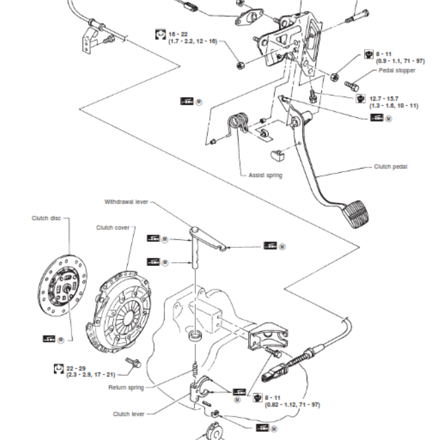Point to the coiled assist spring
coord(239,124)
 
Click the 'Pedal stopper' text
coord(397,71)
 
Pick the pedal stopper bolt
coord(352,86)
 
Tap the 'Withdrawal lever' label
coord(127,202)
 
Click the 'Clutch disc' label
coord(46,218)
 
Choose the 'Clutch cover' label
coord(113,227)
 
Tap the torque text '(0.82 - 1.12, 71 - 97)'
coord(292,404)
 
